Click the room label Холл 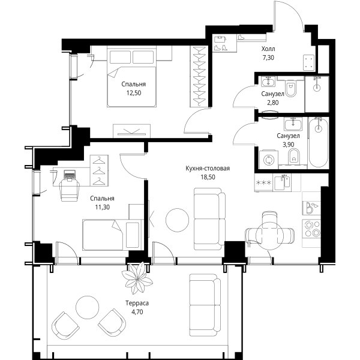(x=268, y=49)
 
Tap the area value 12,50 (x=133, y=93)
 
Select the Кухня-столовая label (x=208, y=168)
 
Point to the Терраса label (x=137, y=303)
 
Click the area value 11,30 (x=103, y=207)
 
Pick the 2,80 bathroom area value (x=273, y=103)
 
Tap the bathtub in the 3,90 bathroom (x=318, y=142)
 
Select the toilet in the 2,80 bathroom (x=290, y=88)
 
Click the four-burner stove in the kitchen (x=311, y=229)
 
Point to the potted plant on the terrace (x=137, y=278)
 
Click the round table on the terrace (x=88, y=307)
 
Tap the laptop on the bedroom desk (x=69, y=175)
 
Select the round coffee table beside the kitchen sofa (x=177, y=220)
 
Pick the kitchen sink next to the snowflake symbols (x=282, y=182)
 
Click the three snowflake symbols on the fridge (x=263, y=183)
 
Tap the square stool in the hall (x=309, y=62)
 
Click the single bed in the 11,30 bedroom (x=113, y=235)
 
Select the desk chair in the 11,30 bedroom (x=70, y=190)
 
